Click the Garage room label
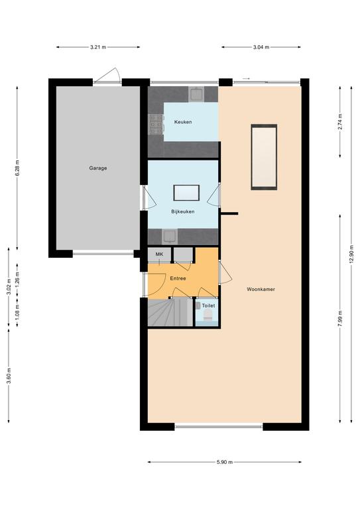(98, 168)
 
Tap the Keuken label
(183, 122)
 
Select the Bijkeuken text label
(183, 211)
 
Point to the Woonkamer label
(261, 289)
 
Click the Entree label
(178, 278)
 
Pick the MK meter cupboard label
(159, 254)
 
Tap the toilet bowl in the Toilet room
(208, 315)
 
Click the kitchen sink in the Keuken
(196, 95)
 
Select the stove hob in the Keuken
(156, 125)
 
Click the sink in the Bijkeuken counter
(170, 236)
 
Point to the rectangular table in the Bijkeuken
(186, 193)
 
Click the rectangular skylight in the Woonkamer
(264, 157)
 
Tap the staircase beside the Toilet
(170, 312)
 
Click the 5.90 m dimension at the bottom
(225, 462)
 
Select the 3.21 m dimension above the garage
(98, 47)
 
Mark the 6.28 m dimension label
(17, 168)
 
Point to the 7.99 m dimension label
(340, 319)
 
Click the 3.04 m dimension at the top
(261, 47)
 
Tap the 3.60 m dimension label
(9, 376)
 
